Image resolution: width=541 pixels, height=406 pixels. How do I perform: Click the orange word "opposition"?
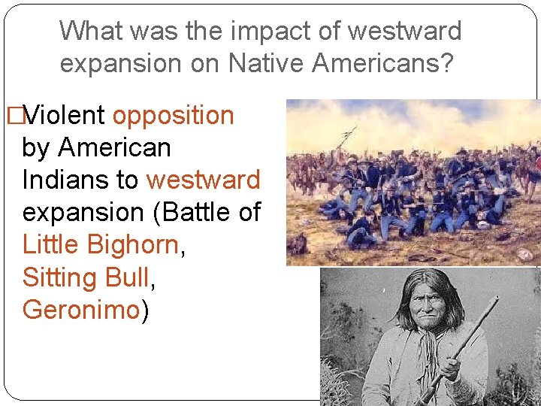(173, 116)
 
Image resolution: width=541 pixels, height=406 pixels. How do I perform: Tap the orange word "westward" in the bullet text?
(203, 180)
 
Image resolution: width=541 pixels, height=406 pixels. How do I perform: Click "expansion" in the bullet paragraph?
(83, 214)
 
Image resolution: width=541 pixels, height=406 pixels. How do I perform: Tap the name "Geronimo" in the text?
(81, 311)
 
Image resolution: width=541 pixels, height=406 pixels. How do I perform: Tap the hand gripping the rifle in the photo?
(451, 369)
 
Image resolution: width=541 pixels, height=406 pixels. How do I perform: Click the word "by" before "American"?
(36, 148)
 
